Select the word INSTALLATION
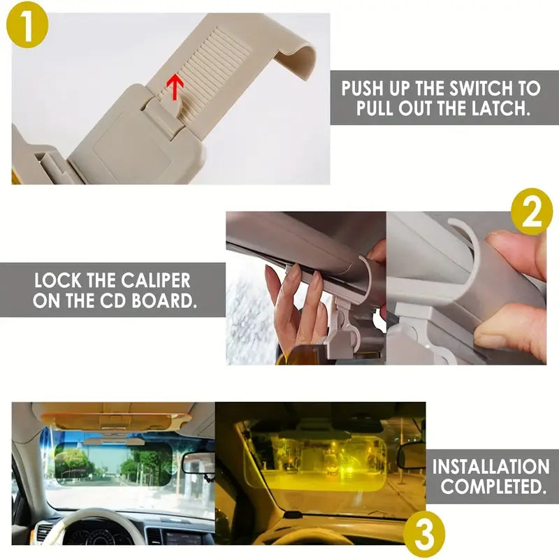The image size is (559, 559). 491,467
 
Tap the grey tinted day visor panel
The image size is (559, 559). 114,462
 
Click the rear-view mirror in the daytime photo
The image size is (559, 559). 198,463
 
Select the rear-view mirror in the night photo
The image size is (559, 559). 411,456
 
